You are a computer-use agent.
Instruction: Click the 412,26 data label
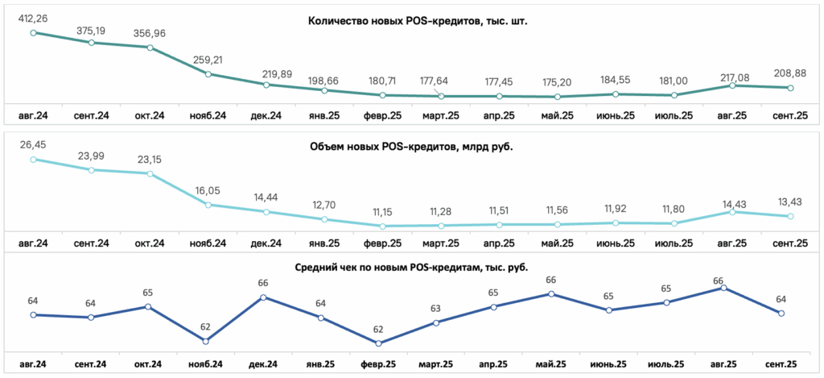point(33,19)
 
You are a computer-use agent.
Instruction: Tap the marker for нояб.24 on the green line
point(208,74)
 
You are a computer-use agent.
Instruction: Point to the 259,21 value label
point(208,60)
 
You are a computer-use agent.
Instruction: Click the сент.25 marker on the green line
point(790,88)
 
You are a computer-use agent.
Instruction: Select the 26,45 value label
point(33,147)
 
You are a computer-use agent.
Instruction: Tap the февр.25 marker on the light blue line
point(383,226)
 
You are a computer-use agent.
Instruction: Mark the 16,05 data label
point(208,192)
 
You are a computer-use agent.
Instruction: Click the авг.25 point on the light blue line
point(732,212)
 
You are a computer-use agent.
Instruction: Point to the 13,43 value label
point(790,202)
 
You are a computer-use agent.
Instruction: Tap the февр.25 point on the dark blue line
point(378,343)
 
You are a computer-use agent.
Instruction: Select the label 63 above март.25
point(435,309)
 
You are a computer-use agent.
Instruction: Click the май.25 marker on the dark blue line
point(550,293)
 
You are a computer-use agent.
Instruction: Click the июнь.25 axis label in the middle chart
point(616,243)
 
